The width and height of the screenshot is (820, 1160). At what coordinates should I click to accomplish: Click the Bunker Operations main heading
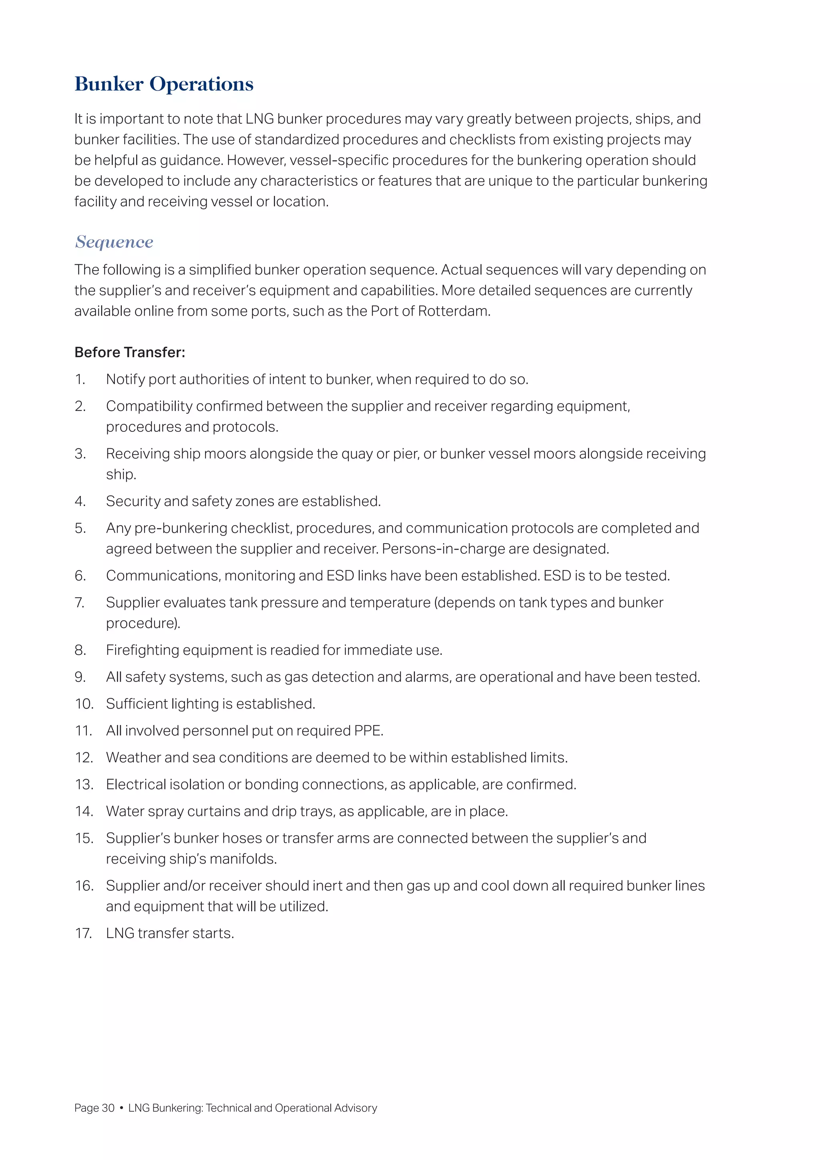point(164,84)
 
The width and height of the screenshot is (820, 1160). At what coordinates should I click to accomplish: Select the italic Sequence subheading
point(114,242)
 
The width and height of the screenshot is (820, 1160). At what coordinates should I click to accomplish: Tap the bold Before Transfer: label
point(130,352)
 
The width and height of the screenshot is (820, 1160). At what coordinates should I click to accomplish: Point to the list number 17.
point(83,933)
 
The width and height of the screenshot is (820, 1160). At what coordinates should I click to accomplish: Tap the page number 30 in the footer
point(108,1108)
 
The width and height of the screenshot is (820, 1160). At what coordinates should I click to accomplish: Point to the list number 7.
point(80,603)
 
